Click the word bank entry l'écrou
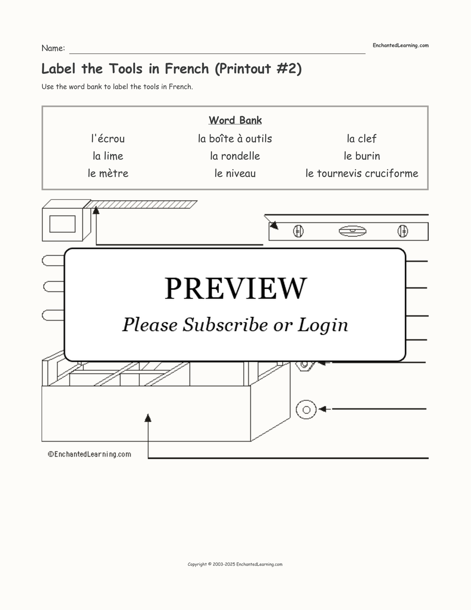pyautogui.click(x=108, y=139)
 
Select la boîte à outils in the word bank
pyautogui.click(x=235, y=139)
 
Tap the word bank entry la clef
pyautogui.click(x=361, y=139)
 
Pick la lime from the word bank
pyautogui.click(x=108, y=156)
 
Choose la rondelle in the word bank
pyautogui.click(x=235, y=156)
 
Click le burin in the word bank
pyautogui.click(x=362, y=156)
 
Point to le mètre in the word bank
pyautogui.click(x=108, y=173)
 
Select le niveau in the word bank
pyautogui.click(x=235, y=173)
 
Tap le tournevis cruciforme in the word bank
pyautogui.click(x=362, y=173)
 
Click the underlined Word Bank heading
pyautogui.click(x=235, y=120)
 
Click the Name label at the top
pyautogui.click(x=53, y=48)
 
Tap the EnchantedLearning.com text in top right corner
pyautogui.click(x=400, y=45)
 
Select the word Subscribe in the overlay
pyautogui.click(x=225, y=325)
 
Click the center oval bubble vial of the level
pyautogui.click(x=352, y=231)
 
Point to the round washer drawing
pyautogui.click(x=306, y=409)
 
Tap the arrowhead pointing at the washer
pyautogui.click(x=322, y=409)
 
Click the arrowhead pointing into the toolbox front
pyautogui.click(x=148, y=418)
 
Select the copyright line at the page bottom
pyautogui.click(x=235, y=565)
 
